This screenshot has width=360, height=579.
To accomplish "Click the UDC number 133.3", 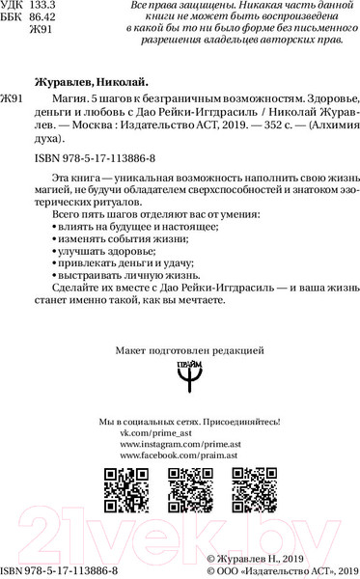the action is [x=44, y=6].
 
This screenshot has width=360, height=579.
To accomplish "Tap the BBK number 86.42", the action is [x=44, y=18].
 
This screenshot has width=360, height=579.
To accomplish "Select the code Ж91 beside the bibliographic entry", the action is [x=13, y=99].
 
